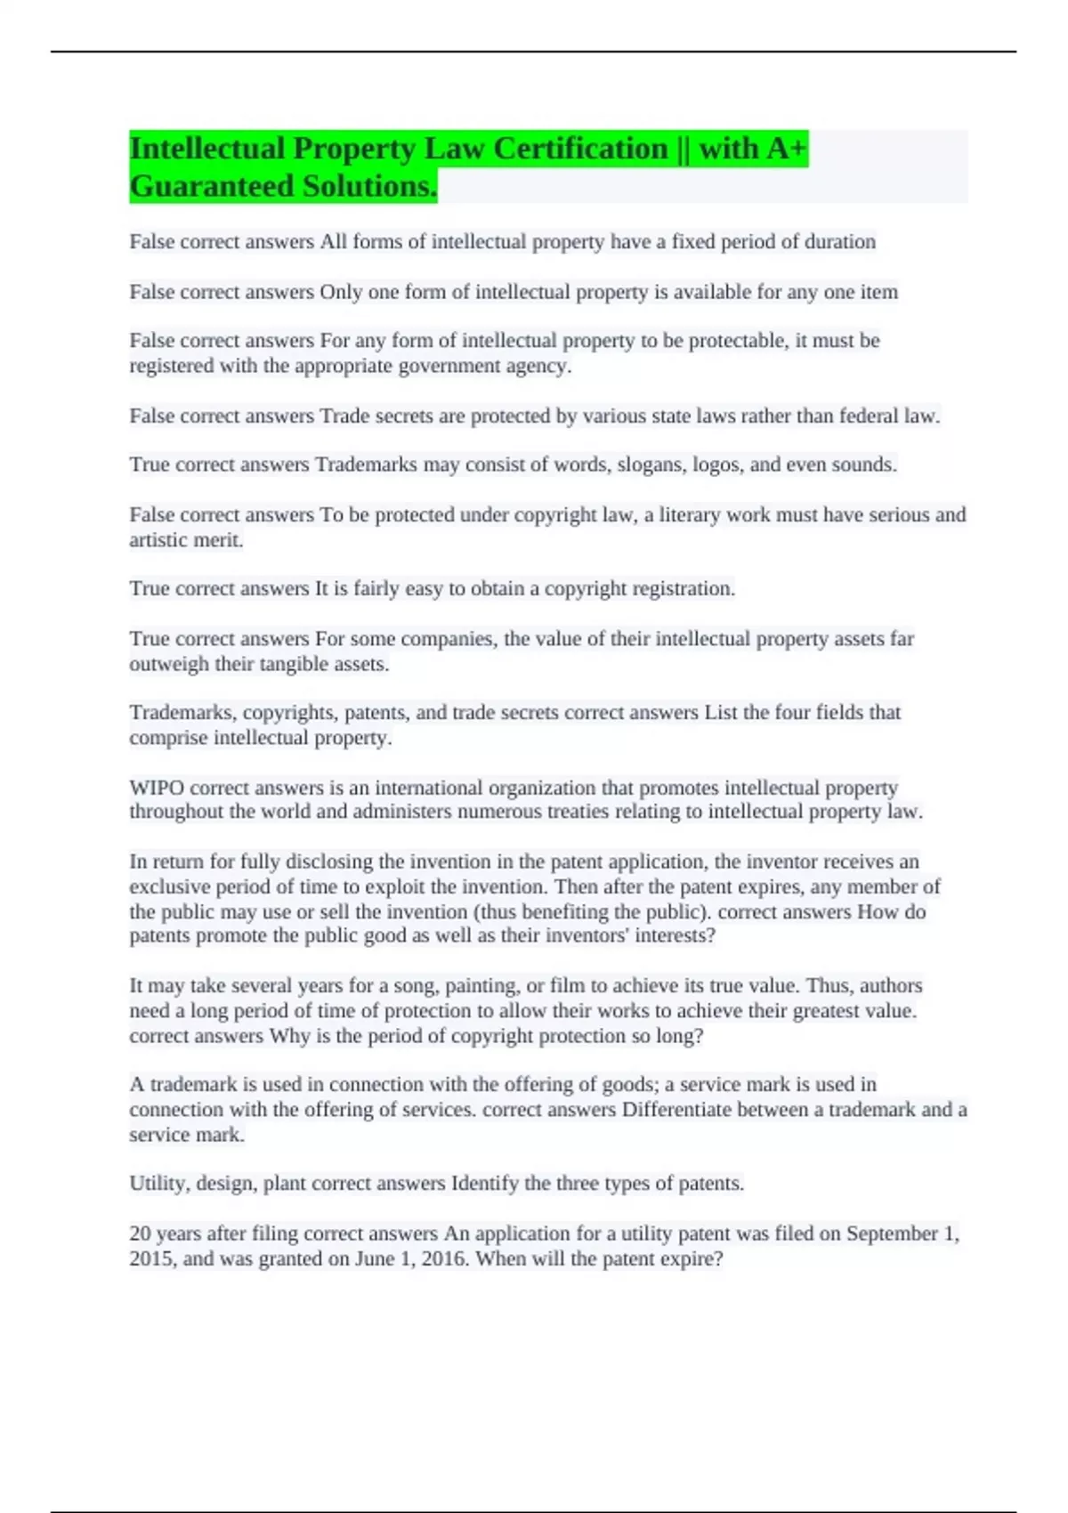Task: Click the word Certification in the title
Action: click(x=580, y=149)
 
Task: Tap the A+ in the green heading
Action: click(x=784, y=149)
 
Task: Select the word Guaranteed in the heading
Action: click(x=212, y=186)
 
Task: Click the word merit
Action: click(x=218, y=540)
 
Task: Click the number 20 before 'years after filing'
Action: click(x=140, y=1234)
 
